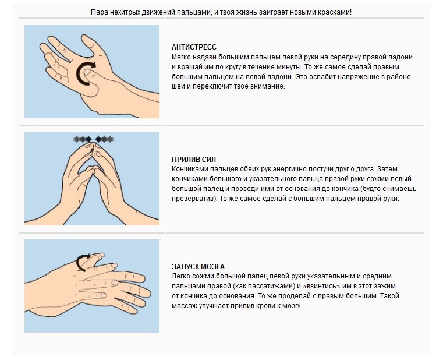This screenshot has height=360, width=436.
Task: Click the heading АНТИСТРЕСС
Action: [x=194, y=47]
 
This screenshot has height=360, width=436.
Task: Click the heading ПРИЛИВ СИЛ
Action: [x=194, y=160]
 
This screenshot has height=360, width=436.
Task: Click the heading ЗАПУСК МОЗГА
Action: [x=198, y=267]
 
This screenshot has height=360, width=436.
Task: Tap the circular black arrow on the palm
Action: [x=86, y=73]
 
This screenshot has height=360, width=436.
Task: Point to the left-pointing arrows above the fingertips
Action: [x=104, y=139]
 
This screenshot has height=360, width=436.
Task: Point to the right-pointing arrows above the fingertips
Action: [x=83, y=139]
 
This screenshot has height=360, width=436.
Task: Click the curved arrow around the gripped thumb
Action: [x=83, y=262]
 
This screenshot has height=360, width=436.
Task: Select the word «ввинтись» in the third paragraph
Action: [x=336, y=286]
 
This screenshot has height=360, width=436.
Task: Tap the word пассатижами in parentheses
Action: [x=272, y=286]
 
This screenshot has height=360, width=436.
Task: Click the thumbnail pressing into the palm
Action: [x=87, y=72]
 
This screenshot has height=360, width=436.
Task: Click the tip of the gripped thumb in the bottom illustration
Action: [x=101, y=255]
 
